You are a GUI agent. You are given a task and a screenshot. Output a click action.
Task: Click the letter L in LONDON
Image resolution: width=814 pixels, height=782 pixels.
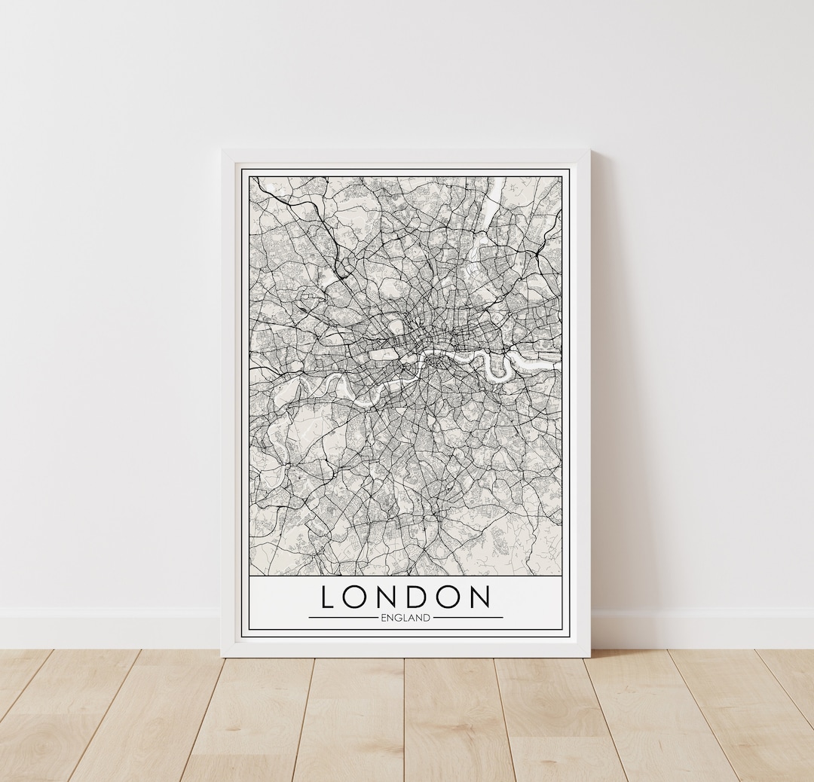[x=328, y=597]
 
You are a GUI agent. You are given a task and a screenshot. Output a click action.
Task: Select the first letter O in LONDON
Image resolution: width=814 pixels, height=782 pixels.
[x=356, y=597]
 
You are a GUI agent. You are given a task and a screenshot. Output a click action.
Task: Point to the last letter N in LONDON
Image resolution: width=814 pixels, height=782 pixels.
[x=479, y=597]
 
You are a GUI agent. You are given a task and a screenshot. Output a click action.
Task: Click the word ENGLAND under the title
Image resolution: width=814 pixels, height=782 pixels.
[x=405, y=618]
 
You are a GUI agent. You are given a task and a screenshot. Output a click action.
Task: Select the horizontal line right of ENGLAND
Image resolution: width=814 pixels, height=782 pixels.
[x=468, y=618]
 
